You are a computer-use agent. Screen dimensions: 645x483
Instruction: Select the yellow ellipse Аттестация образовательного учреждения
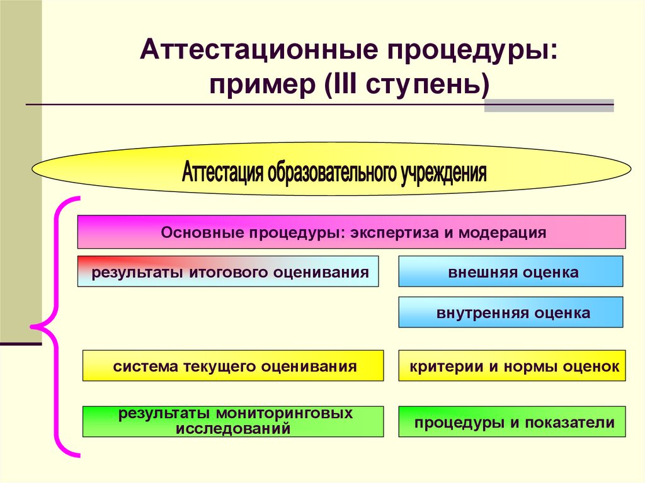click(331, 168)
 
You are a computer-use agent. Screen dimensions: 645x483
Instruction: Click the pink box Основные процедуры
click(351, 232)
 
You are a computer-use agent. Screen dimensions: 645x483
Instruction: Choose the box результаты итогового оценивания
click(228, 272)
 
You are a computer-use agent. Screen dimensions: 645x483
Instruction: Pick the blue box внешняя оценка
click(511, 272)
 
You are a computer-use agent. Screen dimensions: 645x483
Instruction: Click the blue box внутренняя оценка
click(511, 312)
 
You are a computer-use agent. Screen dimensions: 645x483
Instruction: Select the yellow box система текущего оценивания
click(233, 366)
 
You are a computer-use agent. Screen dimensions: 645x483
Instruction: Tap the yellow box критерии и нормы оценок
click(512, 366)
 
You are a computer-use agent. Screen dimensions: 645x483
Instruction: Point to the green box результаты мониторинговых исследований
click(233, 421)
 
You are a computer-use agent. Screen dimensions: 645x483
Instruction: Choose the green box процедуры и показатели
click(512, 422)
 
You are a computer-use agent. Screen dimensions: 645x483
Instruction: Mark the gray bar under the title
click(549, 105)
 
